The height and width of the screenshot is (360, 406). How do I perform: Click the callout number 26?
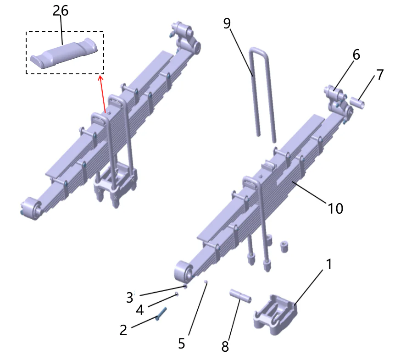pyautogui.click(x=60, y=11)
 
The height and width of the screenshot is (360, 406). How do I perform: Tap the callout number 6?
pyautogui.click(x=356, y=55)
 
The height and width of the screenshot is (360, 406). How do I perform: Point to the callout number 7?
pyautogui.click(x=380, y=75)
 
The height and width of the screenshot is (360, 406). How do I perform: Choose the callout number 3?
pyautogui.click(x=130, y=297)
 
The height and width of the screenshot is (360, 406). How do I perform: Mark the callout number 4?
pyautogui.click(x=139, y=310)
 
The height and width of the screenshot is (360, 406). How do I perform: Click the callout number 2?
pyautogui.click(x=123, y=329)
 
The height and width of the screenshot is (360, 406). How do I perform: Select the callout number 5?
pyautogui.click(x=182, y=343)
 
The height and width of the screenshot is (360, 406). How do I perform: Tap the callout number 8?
pyautogui.click(x=225, y=346)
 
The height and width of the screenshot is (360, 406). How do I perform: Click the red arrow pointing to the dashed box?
pyautogui.click(x=103, y=94)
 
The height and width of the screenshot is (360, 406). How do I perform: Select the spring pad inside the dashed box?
pyautogui.click(x=64, y=53)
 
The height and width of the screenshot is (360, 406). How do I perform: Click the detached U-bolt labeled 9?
pyautogui.click(x=261, y=92)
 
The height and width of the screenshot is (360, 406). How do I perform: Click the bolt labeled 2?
pyautogui.click(x=161, y=315)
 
